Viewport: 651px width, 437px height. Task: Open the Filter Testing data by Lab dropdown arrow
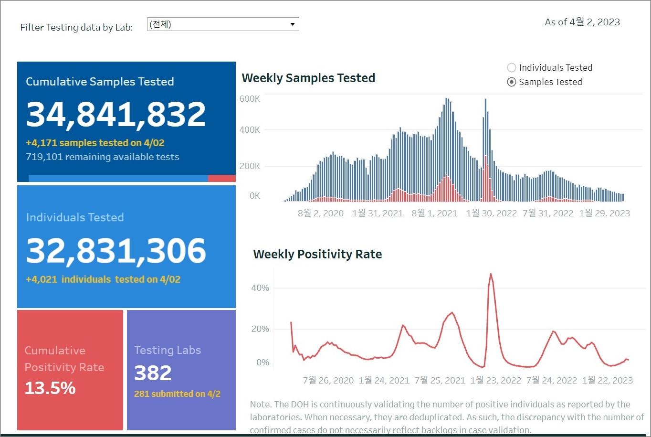pyautogui.click(x=293, y=24)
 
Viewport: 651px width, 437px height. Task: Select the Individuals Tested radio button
pyautogui.click(x=512, y=68)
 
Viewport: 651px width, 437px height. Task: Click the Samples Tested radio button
pyautogui.click(x=512, y=82)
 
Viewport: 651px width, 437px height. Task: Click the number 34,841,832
pyautogui.click(x=115, y=115)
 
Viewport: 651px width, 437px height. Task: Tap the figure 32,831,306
pyautogui.click(x=115, y=251)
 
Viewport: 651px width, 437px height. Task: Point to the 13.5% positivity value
pyautogui.click(x=50, y=388)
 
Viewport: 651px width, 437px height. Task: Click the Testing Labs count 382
pyautogui.click(x=153, y=373)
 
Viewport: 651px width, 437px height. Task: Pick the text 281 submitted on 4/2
pyautogui.click(x=177, y=394)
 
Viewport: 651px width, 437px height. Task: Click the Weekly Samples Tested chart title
pyautogui.click(x=308, y=78)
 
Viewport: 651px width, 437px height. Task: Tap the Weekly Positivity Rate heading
pyautogui.click(x=317, y=254)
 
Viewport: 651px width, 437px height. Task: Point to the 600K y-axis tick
pyautogui.click(x=250, y=99)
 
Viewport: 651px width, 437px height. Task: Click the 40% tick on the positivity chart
pyautogui.click(x=260, y=288)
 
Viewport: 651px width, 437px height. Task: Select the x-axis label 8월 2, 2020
pyautogui.click(x=321, y=213)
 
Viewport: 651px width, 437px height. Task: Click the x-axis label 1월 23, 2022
pyautogui.click(x=496, y=381)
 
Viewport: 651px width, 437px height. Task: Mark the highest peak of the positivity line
pyautogui.click(x=491, y=274)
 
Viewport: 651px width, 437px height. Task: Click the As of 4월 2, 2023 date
pyautogui.click(x=582, y=22)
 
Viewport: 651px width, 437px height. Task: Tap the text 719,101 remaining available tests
pyautogui.click(x=103, y=157)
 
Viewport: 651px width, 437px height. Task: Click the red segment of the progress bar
pyautogui.click(x=221, y=178)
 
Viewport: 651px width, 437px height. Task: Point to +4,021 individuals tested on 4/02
pyautogui.click(x=103, y=279)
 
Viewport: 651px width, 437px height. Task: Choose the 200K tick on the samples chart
pyautogui.click(x=250, y=166)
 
